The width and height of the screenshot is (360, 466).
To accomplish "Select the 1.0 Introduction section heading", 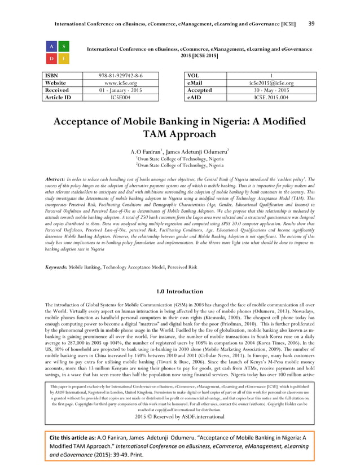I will pyautogui.click(x=179, y=292).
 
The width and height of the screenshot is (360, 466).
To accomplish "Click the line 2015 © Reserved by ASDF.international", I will pyautogui.click(x=180, y=417).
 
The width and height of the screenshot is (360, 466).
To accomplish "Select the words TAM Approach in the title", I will pyautogui.click(x=180, y=134).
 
